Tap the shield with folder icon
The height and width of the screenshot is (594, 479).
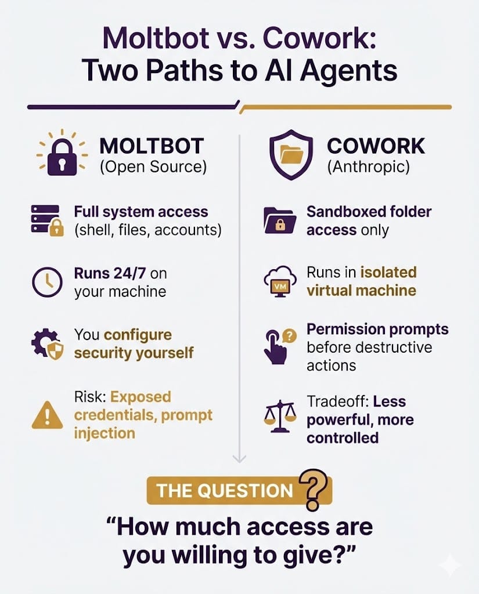(x=291, y=154)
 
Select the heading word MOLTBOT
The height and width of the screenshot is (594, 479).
(x=152, y=146)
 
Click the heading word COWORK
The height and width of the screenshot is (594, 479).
(x=376, y=146)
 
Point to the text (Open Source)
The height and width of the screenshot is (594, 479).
(x=153, y=166)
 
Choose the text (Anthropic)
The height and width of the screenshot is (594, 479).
(x=369, y=166)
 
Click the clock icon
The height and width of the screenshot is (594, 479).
(x=47, y=282)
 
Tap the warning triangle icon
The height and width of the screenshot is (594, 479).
(x=48, y=415)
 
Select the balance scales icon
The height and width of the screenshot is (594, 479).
(x=280, y=416)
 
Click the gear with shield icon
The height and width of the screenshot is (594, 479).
(x=47, y=344)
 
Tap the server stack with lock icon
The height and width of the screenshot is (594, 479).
(x=47, y=220)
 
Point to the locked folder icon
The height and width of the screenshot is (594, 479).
(x=280, y=220)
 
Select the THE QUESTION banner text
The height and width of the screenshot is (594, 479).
(x=225, y=491)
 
